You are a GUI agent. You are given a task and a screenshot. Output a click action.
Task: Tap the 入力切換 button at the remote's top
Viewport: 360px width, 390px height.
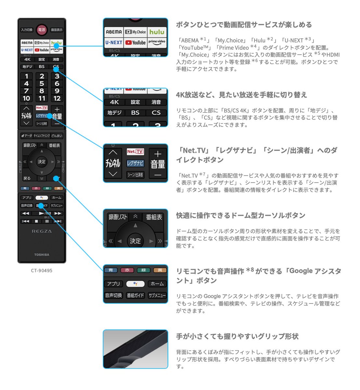[x=27, y=30]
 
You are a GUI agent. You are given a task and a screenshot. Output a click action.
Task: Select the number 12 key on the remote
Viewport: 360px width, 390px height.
[x=57, y=98]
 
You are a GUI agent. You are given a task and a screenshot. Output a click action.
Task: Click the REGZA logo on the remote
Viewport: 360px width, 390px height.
[x=42, y=231]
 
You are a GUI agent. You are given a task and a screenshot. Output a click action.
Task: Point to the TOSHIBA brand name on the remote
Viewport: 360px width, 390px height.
[x=42, y=255]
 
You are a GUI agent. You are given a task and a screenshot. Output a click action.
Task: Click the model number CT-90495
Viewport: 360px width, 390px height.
[x=42, y=270]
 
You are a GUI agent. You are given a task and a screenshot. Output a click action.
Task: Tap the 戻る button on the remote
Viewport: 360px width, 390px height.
[x=27, y=178]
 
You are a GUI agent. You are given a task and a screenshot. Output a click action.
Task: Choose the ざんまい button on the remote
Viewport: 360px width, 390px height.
[x=57, y=136]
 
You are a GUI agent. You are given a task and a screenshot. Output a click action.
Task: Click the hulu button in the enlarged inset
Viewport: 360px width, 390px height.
[x=157, y=32]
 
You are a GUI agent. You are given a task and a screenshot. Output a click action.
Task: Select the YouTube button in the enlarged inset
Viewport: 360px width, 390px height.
[x=135, y=43]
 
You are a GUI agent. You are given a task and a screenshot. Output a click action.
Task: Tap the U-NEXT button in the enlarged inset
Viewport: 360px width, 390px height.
[x=114, y=43]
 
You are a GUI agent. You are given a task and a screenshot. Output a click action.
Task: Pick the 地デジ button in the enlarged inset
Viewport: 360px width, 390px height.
[x=114, y=113]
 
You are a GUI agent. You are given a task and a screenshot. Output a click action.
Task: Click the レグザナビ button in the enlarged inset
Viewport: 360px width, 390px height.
[x=135, y=163]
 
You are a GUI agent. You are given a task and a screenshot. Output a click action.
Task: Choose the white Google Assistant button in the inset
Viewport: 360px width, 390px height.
[x=135, y=284]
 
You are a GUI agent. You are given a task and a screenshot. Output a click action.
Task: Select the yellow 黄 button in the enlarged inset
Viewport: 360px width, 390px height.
[x=160, y=270]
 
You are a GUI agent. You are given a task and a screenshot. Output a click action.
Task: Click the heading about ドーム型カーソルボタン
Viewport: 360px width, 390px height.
[x=241, y=215]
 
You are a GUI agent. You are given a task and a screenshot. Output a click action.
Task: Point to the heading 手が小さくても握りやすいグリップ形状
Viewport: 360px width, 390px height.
[x=237, y=336]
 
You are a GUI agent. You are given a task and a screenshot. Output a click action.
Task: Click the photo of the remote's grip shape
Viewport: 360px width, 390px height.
[x=135, y=349]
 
